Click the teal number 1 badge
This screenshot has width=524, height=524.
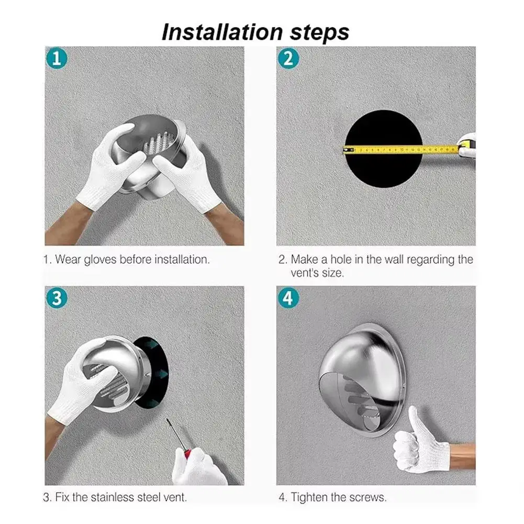coord(57,59)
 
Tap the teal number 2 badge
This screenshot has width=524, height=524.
coord(288,59)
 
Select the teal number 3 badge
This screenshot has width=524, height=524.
coord(57,298)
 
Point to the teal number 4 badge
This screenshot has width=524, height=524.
coord(288,298)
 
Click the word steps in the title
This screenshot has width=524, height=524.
coord(319,33)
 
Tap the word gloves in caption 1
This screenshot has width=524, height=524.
coord(100,260)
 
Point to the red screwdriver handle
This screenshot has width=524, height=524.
coord(187,453)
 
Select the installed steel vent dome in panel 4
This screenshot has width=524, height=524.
coord(363,380)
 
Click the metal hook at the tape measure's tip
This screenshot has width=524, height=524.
coord(345,150)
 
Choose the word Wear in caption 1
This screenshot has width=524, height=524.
coord(68,259)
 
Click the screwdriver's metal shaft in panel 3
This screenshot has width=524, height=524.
coord(175,434)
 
